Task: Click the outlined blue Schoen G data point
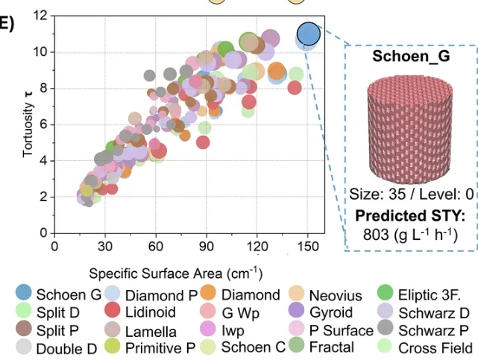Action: coord(309,34)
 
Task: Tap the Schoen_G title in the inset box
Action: coord(411,56)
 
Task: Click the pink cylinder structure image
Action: coord(410,130)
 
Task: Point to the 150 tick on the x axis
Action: coord(308,247)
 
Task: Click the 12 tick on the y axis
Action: coord(41,15)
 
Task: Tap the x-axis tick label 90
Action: coord(207,247)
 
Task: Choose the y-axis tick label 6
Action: coord(44,124)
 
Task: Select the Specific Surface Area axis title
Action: coord(175,274)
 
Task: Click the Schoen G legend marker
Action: coord(23,291)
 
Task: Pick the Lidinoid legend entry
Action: coord(140,312)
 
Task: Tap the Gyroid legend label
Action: coord(331,312)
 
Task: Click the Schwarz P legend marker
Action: coord(386,326)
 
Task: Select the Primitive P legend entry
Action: coord(150,347)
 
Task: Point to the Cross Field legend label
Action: coord(435,348)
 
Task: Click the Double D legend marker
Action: coord(23,347)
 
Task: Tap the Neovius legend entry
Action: coord(326,294)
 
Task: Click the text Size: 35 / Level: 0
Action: coord(411,194)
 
